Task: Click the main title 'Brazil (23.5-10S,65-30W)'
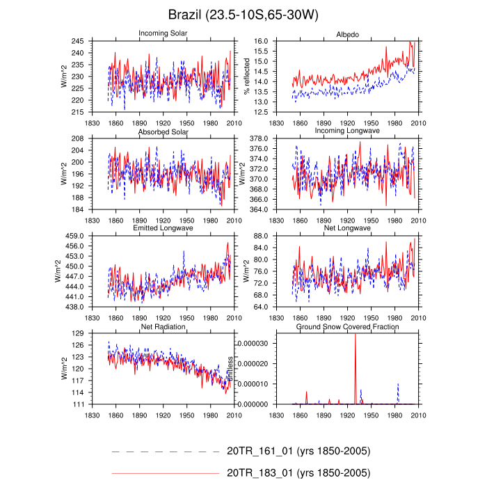(243, 15)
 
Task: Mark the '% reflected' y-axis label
(246, 77)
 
